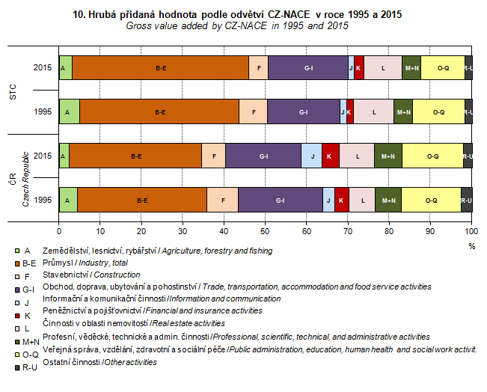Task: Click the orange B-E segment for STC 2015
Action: coord(161,68)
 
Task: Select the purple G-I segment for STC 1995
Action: coord(303,112)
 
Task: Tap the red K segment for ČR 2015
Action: coord(330,156)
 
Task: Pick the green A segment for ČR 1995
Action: coord(68,200)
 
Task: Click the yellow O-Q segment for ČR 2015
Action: coord(432,156)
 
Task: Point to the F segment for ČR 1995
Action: coord(222,200)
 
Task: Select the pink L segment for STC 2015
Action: coord(382,68)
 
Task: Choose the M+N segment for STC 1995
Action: coord(403,112)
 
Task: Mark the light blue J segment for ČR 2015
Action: coord(312,156)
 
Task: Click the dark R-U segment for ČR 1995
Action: coord(466,200)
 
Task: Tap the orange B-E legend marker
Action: coord(16,263)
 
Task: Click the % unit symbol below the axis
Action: coord(471,245)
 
